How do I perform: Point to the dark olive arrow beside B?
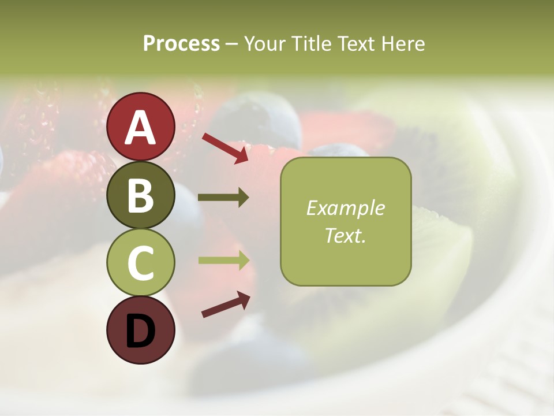tap(223, 198)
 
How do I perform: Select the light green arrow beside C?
tap(223, 260)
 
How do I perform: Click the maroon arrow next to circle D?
tap(226, 305)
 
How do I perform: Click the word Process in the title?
tap(181, 44)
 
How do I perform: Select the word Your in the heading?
tap(264, 44)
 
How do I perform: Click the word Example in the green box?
tap(345, 208)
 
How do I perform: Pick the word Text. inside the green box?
tap(345, 235)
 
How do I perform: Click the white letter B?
tap(141, 196)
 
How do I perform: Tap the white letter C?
tap(141, 263)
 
